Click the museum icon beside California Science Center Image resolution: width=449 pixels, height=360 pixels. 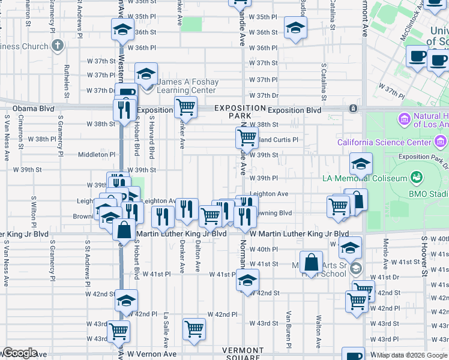pos(441,142)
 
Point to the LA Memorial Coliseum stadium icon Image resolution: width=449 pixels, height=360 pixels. pos(415,178)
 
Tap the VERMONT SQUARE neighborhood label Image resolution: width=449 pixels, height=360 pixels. pos(243,354)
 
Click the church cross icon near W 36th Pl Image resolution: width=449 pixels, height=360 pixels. pos(58,46)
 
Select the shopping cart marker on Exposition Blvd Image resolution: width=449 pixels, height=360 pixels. pos(186,107)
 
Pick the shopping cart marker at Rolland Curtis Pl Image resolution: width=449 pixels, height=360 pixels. pos(247,138)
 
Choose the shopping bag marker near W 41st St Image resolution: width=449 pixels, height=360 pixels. pos(312,262)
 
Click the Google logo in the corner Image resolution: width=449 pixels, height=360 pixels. pos(19,353)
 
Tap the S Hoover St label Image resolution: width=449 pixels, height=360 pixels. pos(424,252)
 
